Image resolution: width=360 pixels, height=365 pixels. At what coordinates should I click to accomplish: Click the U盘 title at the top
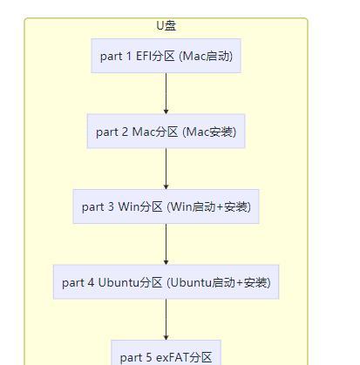[x=166, y=25]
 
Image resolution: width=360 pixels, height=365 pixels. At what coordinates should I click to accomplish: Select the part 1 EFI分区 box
[x=166, y=56]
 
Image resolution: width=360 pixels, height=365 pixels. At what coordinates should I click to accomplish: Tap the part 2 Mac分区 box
[x=166, y=132]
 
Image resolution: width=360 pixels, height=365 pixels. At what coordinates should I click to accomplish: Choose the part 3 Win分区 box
[x=166, y=206]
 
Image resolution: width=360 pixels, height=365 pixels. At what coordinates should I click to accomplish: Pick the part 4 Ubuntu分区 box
[x=166, y=282]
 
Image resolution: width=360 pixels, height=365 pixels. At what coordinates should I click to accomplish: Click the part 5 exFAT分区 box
[x=166, y=353]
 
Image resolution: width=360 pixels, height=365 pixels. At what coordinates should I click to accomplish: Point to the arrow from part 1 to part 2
[x=166, y=93]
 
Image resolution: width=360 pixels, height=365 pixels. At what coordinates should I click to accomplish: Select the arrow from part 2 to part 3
[x=166, y=169]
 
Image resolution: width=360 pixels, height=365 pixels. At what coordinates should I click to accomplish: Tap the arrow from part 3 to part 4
[x=166, y=244]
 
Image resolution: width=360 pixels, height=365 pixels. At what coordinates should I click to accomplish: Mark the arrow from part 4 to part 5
[x=166, y=320]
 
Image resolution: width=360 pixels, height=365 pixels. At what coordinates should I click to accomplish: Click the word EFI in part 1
[x=144, y=56]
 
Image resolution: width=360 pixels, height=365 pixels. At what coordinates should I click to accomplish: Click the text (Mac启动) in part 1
[x=206, y=56]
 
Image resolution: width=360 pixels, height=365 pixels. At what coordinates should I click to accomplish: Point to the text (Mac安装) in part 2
[x=209, y=132]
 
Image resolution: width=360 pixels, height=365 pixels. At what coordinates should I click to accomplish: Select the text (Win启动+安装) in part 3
[x=208, y=206]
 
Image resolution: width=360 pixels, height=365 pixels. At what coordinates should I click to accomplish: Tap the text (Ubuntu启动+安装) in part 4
[x=219, y=282]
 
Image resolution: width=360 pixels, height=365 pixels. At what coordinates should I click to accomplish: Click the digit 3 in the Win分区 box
[x=111, y=206]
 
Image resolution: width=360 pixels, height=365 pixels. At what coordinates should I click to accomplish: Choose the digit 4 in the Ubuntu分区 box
[x=91, y=282]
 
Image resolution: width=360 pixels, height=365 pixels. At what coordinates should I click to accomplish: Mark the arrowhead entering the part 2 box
[x=166, y=112]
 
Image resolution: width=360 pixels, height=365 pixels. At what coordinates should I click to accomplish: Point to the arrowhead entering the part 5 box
[x=166, y=338]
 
